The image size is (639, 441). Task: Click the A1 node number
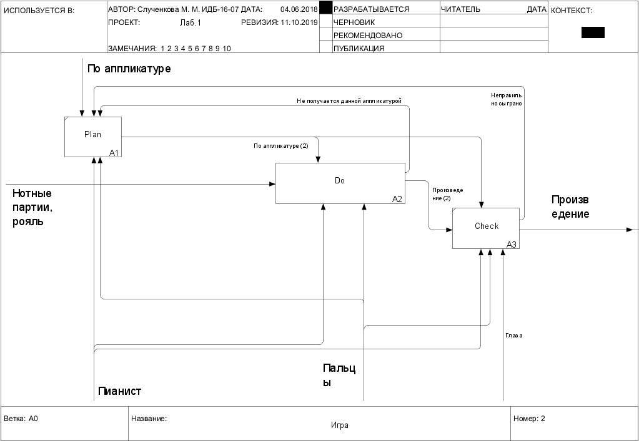click(114, 152)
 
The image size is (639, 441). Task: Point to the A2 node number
click(397, 199)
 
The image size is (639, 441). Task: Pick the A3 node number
click(512, 245)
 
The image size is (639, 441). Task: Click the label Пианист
click(120, 391)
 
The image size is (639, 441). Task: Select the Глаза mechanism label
click(513, 336)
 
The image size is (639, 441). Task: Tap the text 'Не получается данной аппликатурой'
click(349, 100)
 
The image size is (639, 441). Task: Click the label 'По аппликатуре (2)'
click(281, 146)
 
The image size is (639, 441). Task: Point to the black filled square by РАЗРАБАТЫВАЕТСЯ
click(325, 8)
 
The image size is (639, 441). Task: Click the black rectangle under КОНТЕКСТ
click(593, 32)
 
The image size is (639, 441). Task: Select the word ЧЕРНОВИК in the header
click(354, 22)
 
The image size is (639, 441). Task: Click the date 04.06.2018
click(299, 9)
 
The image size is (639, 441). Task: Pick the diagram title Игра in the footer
click(340, 425)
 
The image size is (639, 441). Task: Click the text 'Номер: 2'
click(529, 419)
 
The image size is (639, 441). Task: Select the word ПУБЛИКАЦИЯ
click(359, 48)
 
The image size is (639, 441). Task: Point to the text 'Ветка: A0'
click(21, 419)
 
